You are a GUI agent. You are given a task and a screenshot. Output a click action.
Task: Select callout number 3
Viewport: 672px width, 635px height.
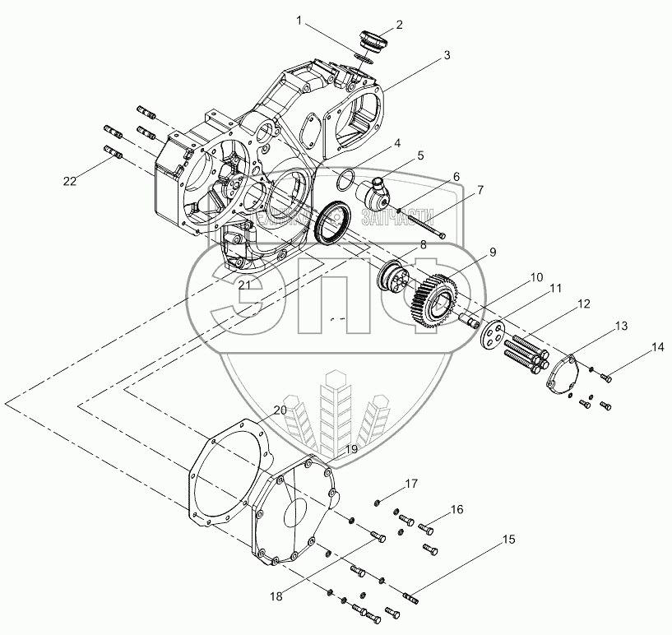[447, 55]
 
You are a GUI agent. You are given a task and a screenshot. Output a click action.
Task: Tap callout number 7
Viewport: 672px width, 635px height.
[480, 190]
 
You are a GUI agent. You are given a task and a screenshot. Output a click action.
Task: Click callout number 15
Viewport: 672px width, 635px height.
[510, 540]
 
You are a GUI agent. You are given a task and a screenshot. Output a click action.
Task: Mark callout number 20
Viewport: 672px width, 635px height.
[280, 410]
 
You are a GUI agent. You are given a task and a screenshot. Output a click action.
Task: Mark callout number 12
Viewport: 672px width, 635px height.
[583, 305]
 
